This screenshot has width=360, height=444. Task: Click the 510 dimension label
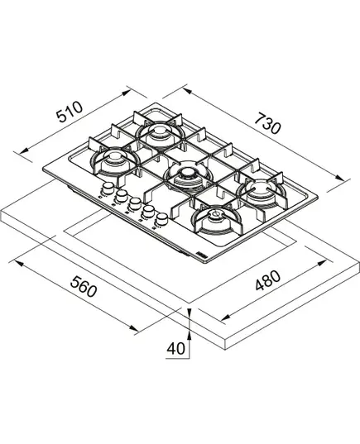tap(70, 112)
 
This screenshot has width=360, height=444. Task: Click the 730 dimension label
tap(267, 123)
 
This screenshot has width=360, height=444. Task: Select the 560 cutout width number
tap(84, 287)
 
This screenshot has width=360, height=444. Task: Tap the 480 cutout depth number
tap(268, 280)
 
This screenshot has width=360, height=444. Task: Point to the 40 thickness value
tap(175, 348)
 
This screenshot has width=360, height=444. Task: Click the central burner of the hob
tap(188, 175)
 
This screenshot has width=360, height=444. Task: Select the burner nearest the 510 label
tap(115, 160)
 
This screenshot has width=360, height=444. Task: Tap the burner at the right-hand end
tap(262, 192)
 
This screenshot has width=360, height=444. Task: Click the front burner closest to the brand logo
tap(217, 219)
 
